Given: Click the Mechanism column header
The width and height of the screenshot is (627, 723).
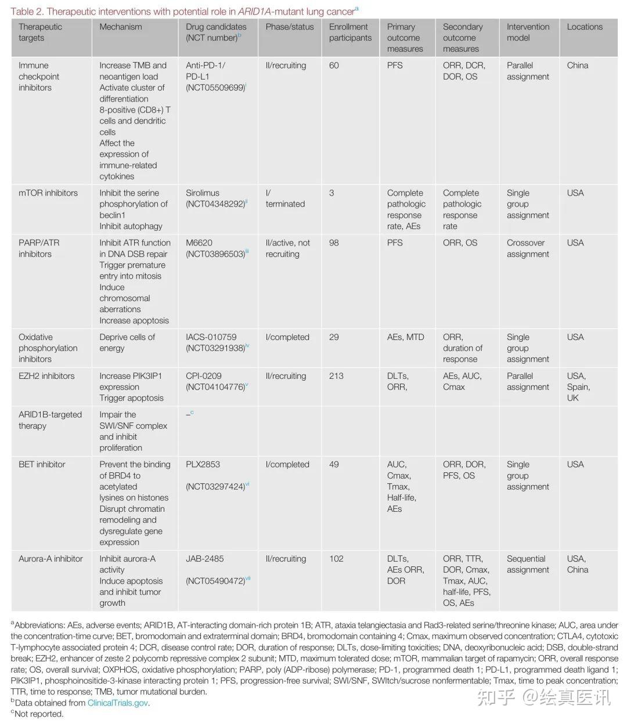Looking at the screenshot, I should pos(120,27).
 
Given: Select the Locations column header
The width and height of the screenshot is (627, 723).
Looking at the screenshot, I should pos(585,27).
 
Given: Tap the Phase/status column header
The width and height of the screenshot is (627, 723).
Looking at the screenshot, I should pos(289,27).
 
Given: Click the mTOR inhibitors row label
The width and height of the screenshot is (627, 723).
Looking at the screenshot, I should pos(48,193).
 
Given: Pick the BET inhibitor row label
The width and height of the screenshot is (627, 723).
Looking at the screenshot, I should pos(42,464).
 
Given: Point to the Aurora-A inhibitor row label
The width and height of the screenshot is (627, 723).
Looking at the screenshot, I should pos(51,559).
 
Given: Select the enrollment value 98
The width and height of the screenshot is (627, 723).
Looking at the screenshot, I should pos(334,243).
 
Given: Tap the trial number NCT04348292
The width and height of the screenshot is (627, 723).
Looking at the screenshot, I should pos(215,204).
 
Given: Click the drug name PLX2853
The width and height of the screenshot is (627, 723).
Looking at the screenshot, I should pos(203,464).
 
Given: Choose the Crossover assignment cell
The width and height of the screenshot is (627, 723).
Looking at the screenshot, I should pos(527,248).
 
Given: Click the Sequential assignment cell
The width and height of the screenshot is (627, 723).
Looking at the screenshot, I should pos(527,564).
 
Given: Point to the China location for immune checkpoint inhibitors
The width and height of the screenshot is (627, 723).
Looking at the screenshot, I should pos(577,66).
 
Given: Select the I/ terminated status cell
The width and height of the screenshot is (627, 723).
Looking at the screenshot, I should pos(284,198).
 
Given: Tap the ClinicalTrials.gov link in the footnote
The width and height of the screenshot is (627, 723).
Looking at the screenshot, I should pos(118,703).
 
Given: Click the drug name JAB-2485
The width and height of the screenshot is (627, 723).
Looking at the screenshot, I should pos(204,559).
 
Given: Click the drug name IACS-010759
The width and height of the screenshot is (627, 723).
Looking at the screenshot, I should pos(211,337).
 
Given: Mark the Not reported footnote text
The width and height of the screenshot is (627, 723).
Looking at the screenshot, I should pos(38,714).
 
